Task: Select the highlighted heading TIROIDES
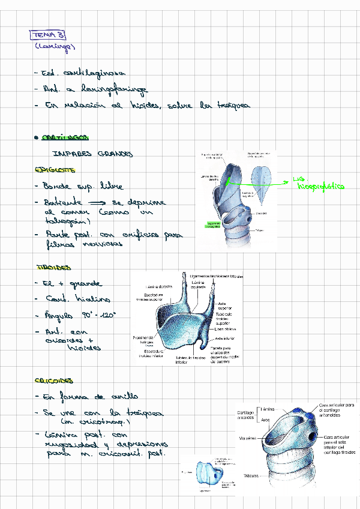click(53, 267)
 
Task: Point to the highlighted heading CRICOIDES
click(54, 381)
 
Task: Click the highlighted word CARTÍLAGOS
click(62, 137)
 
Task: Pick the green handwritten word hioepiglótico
click(321, 187)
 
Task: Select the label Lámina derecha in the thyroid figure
click(160, 287)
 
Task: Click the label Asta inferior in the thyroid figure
click(225, 339)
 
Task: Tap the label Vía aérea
click(247, 438)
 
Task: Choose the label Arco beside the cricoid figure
click(266, 420)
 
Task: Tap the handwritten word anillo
click(125, 397)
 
